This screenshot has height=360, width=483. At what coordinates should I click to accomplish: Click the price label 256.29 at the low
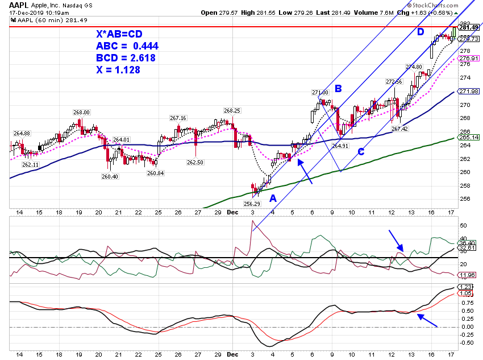(252, 204)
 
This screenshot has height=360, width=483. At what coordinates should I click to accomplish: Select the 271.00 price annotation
(320, 92)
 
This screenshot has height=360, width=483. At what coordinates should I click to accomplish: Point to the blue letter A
(273, 198)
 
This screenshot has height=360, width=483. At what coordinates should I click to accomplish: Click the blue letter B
(338, 89)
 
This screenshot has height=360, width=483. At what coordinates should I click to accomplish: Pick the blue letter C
(361, 152)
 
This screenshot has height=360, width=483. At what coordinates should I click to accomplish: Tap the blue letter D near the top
(420, 31)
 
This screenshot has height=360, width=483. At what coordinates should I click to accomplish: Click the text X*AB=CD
(119, 34)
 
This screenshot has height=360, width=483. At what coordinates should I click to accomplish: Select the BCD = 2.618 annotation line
(126, 58)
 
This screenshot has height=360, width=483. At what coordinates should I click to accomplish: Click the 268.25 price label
(232, 110)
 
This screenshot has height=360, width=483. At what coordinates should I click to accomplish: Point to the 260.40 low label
(110, 177)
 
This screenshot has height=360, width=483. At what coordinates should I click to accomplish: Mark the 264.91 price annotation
(340, 146)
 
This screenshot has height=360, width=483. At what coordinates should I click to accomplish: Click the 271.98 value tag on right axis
(469, 91)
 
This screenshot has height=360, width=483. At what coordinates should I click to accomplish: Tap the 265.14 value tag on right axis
(469, 138)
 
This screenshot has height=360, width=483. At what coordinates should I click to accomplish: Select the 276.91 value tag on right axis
(469, 58)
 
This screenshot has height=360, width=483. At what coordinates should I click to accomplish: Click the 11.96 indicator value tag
(467, 275)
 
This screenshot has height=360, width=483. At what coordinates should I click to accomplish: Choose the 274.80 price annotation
(414, 67)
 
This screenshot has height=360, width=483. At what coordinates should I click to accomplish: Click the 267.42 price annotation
(400, 129)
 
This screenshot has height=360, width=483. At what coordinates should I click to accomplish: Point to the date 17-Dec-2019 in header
(26, 13)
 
